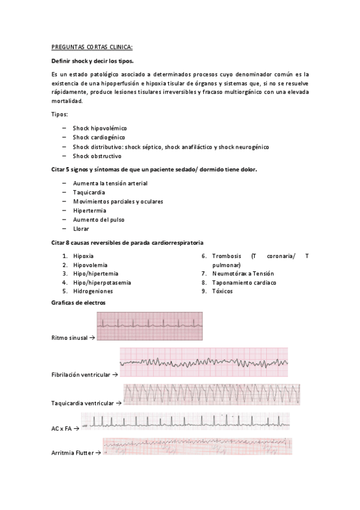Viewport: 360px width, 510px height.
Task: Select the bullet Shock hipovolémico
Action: (100, 128)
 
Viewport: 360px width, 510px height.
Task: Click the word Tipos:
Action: (60, 114)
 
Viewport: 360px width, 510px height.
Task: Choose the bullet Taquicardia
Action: (89, 192)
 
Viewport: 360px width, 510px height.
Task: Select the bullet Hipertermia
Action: (90, 210)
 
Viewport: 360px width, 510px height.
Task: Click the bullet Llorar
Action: (82, 229)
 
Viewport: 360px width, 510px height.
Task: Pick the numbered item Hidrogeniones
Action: (93, 291)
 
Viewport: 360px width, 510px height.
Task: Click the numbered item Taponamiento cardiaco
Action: (244, 282)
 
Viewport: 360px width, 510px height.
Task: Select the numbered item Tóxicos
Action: (222, 291)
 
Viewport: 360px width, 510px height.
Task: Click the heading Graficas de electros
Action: (78, 303)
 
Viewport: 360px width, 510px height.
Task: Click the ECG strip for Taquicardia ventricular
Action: (212, 395)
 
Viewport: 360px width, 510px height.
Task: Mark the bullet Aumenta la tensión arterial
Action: (110, 183)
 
